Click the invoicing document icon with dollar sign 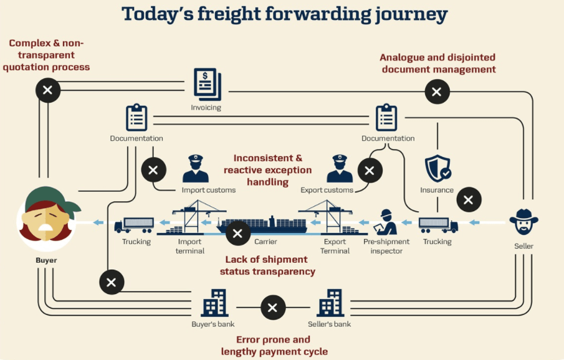tap(208, 85)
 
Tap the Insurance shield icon tap(437, 168)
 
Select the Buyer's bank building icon tap(214, 303)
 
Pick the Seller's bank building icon tap(330, 303)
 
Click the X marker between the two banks tap(273, 308)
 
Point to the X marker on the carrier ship tap(238, 234)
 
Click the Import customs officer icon tap(196, 169)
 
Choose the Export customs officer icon tap(340, 169)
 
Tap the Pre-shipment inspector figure tap(386, 222)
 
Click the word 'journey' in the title tap(411, 15)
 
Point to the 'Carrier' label tap(266, 242)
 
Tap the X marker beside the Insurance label tap(469, 199)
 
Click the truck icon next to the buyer tap(134, 225)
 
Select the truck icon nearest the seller tap(438, 225)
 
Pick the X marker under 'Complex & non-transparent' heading tap(48, 90)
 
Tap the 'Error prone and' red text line tap(273, 339)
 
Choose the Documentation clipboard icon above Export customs tap(386, 117)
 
